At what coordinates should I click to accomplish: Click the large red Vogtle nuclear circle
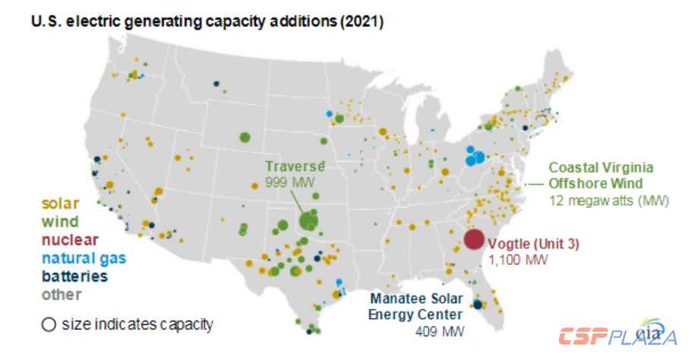pos(473,239)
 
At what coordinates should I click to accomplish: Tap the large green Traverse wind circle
pos(308,220)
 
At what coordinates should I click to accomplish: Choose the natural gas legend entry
pos(84,258)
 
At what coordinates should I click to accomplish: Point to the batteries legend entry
pos(74,276)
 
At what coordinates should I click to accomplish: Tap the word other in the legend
pos(61,295)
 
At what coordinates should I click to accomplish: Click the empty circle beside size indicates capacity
pos(49,324)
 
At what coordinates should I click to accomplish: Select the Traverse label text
pos(295,166)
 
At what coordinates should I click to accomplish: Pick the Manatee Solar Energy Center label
pos(416,308)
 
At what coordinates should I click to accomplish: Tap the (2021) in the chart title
pos(359,23)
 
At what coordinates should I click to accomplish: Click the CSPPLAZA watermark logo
pos(617,336)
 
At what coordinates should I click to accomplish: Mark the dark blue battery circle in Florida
pos(477,305)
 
